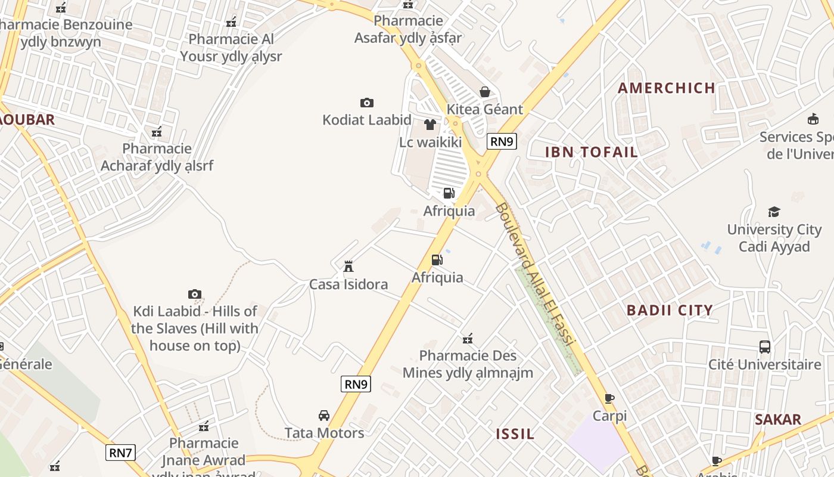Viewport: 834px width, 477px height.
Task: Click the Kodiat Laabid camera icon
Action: pos(367,103)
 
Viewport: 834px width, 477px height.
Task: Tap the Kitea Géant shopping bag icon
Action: pos(485,92)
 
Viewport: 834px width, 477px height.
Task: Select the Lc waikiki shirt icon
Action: pos(430,125)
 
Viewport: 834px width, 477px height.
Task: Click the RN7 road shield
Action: pos(120,453)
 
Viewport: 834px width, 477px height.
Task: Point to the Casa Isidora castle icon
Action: pos(348,266)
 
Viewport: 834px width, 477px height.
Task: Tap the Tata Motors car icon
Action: pos(324,415)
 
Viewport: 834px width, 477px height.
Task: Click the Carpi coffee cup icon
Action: pos(609,398)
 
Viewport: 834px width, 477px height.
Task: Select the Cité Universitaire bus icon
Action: pos(764,346)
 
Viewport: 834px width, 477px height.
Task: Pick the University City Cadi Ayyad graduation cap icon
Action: pos(774,212)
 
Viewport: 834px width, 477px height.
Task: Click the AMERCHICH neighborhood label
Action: pos(667,88)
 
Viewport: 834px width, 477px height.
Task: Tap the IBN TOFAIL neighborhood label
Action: pos(592,152)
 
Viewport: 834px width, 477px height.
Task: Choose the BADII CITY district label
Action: pos(670,310)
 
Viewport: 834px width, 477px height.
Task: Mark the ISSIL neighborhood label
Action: pos(515,434)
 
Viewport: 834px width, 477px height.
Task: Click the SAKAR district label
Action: pos(778,420)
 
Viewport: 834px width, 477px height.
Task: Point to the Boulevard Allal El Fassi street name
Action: pos(534,275)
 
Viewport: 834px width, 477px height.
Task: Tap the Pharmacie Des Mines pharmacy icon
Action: pos(468,339)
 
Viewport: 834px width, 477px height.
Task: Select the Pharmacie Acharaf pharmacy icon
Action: pos(157,132)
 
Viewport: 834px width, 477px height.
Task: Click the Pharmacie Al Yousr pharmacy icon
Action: pos(231,23)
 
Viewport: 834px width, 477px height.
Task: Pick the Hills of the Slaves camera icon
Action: pos(195,294)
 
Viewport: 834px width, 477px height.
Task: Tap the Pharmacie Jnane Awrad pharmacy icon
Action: pos(204,426)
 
